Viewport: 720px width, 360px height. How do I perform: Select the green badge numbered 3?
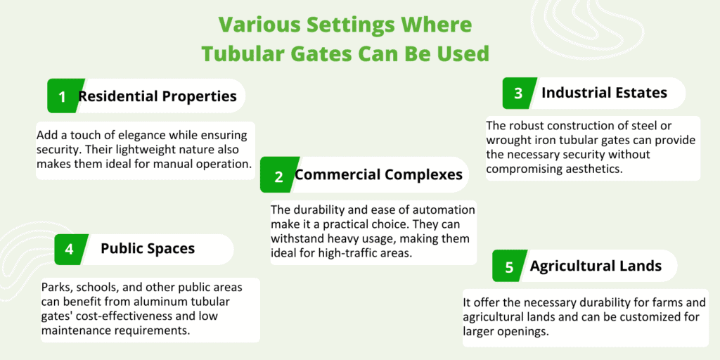[x=519, y=94]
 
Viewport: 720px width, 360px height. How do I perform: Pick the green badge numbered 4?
[x=70, y=250]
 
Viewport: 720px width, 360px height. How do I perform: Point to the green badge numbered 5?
[x=509, y=266]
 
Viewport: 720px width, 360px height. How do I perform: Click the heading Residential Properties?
[x=157, y=96]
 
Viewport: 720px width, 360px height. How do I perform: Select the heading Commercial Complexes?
[x=378, y=175]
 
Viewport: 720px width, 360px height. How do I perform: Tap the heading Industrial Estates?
[x=604, y=93]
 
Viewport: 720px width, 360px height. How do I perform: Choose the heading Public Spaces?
[x=148, y=249]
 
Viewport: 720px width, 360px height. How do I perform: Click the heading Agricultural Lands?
[x=596, y=266]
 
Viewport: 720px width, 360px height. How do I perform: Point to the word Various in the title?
[x=259, y=25]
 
